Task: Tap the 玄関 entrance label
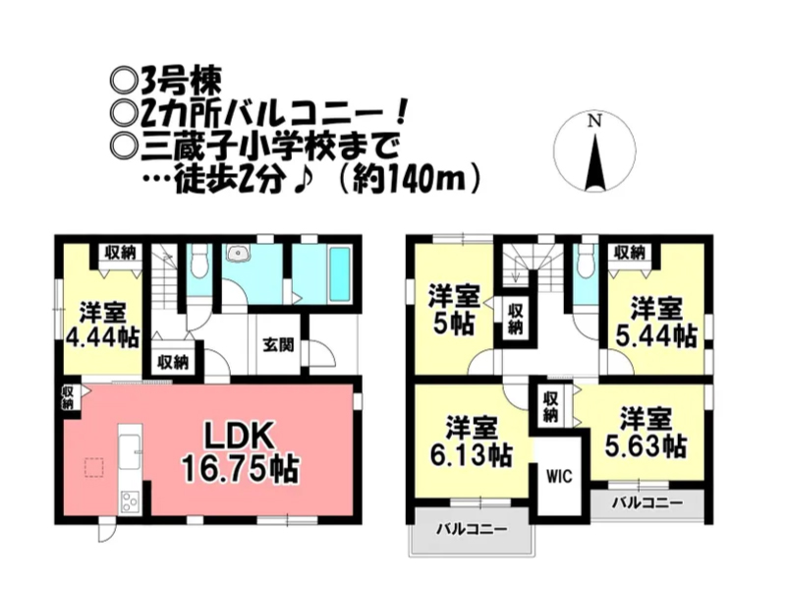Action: (278, 345)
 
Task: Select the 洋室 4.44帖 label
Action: (103, 325)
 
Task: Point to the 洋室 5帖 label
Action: (454, 310)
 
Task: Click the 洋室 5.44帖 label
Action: (655, 323)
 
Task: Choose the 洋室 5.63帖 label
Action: (646, 433)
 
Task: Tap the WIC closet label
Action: (559, 476)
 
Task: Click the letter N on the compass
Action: (594, 121)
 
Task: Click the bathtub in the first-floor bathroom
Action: (340, 274)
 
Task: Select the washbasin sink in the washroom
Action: (237, 254)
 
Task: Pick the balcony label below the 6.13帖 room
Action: (472, 529)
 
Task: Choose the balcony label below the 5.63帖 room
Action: (647, 502)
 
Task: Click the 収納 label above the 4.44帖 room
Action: (120, 253)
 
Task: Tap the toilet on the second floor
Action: (583, 265)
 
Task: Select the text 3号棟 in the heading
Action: (181, 83)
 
